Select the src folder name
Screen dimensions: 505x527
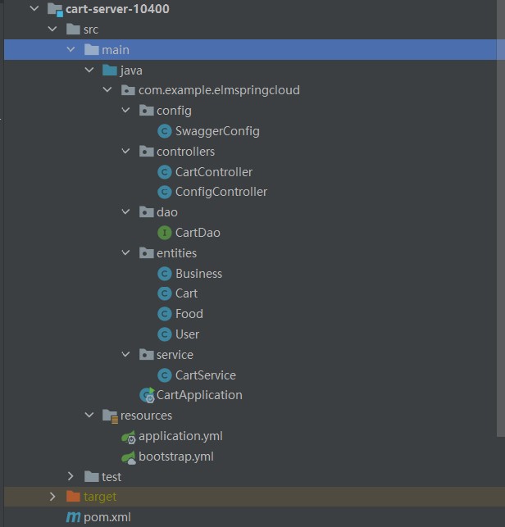[x=90, y=30]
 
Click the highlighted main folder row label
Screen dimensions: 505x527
[x=116, y=50]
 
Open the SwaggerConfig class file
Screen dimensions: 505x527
[x=217, y=130]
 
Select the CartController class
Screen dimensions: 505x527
[x=213, y=171]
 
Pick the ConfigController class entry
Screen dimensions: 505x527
[x=221, y=192]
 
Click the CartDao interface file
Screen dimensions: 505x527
[x=198, y=233]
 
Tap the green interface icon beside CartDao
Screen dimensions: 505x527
[x=164, y=233]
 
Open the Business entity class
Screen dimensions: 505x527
[x=198, y=274]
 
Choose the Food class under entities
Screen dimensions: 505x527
[x=189, y=314]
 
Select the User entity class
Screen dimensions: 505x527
[x=187, y=334]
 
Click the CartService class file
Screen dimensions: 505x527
[x=205, y=375]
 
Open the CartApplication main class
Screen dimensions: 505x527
[x=199, y=395]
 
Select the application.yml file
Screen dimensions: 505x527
[x=180, y=436]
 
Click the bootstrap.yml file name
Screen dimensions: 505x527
[x=175, y=457]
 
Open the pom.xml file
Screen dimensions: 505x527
[x=107, y=517]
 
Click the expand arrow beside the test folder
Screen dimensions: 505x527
[x=71, y=476]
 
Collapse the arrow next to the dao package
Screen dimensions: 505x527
[x=125, y=212]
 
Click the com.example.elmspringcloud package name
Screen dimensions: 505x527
[x=219, y=90]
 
